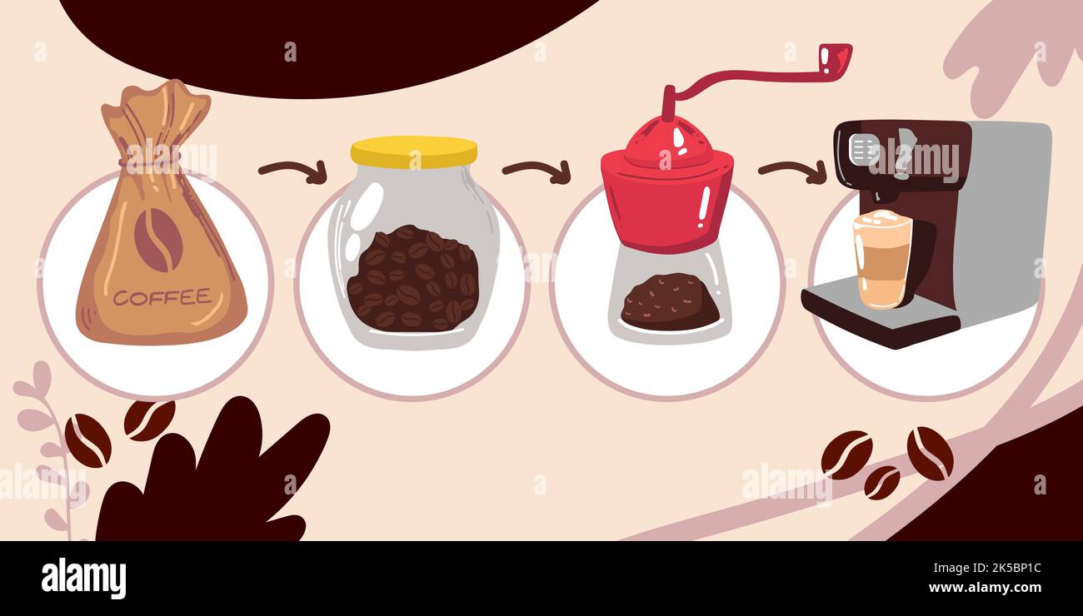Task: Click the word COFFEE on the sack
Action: [162, 297]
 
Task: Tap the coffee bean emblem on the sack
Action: [158, 240]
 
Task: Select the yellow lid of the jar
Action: [413, 152]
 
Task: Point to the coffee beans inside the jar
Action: [412, 280]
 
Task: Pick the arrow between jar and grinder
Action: [537, 171]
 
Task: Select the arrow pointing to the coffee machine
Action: [792, 171]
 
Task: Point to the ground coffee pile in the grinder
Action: [669, 302]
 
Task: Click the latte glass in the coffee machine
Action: [882, 259]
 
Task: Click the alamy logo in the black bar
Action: [83, 579]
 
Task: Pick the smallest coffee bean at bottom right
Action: [881, 483]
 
